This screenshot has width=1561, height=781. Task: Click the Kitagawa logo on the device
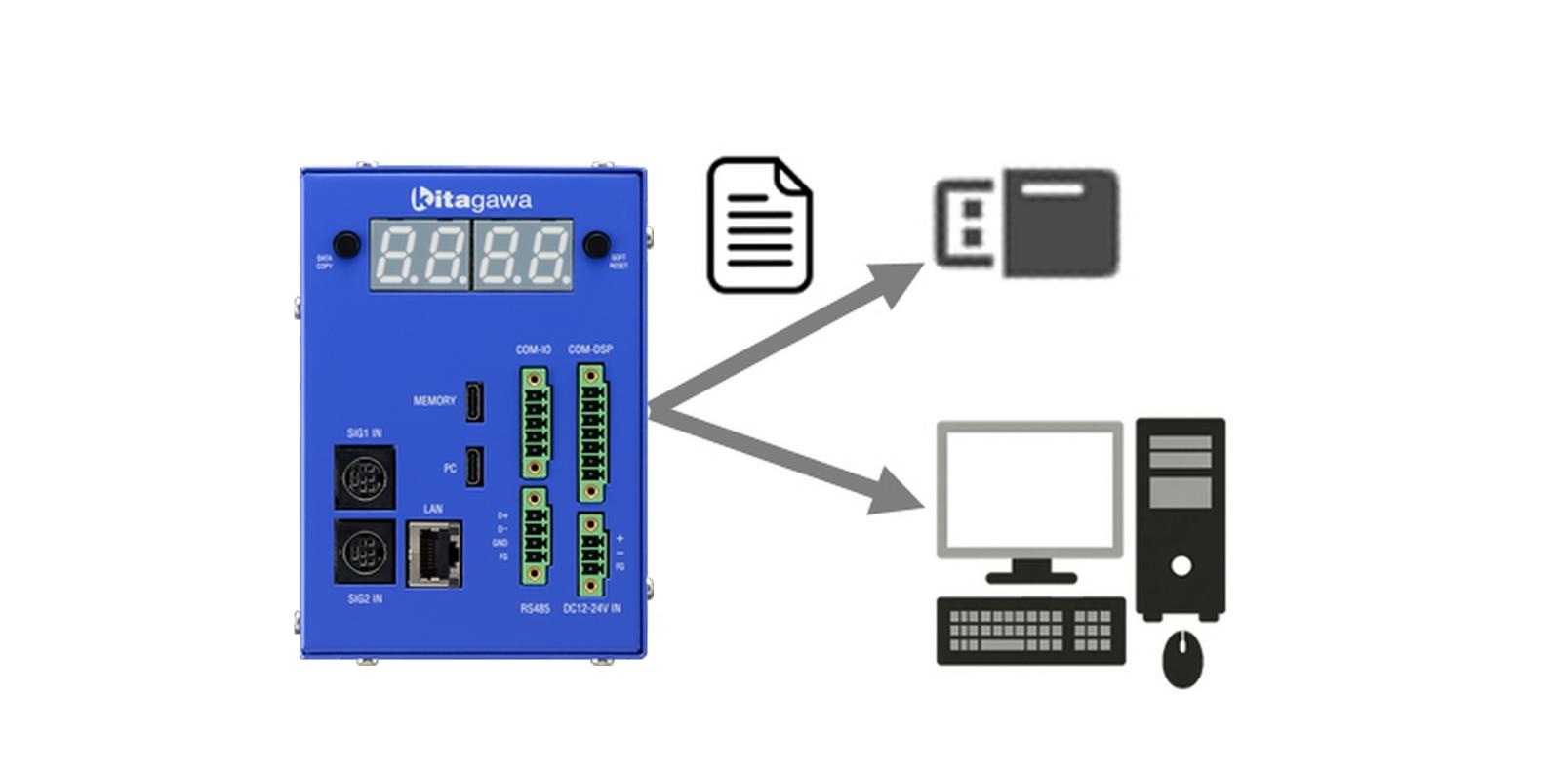click(471, 199)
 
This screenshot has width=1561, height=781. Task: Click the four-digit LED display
click(471, 255)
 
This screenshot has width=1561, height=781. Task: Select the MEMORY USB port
click(474, 401)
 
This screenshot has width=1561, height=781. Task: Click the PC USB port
click(474, 467)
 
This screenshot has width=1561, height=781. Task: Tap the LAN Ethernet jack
click(434, 555)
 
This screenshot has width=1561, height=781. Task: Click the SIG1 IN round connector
click(365, 477)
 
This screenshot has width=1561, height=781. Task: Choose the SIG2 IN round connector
click(365, 552)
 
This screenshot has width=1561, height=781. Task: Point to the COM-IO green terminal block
click(535, 422)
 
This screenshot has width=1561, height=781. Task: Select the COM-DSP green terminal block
click(590, 432)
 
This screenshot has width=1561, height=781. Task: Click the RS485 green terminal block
click(534, 536)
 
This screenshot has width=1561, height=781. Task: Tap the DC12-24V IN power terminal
click(590, 555)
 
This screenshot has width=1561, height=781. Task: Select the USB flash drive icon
click(1027, 223)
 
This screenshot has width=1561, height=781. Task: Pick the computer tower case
click(1181, 517)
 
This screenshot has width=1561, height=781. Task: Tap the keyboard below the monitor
click(1030, 631)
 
